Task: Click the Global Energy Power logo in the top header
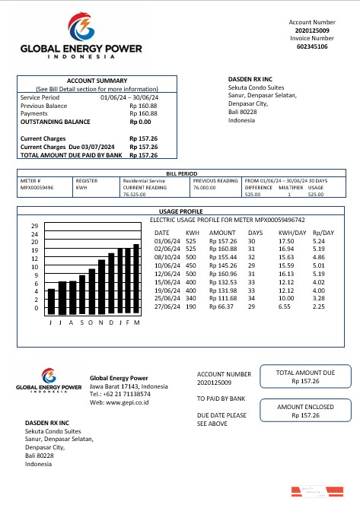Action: pos(81,37)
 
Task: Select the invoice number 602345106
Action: pos(312,46)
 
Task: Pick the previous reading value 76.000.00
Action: pos(205,187)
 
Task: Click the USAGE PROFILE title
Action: pos(181,211)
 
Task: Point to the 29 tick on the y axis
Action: pos(34,227)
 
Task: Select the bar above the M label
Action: pos(137,279)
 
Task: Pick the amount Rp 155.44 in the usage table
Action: pos(222,259)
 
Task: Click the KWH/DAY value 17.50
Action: pos(287,240)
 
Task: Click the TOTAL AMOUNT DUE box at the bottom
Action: pos(304,377)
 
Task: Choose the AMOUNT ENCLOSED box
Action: pos(304,411)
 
